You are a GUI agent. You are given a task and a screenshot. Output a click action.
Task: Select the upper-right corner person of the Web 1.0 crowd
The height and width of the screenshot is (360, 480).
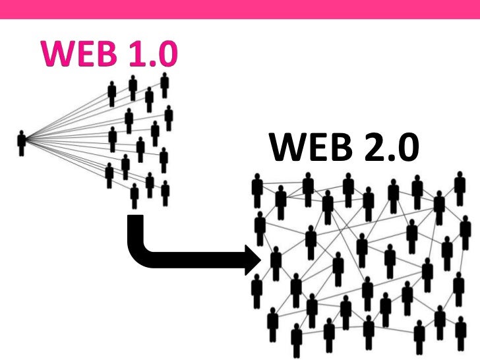(164, 85)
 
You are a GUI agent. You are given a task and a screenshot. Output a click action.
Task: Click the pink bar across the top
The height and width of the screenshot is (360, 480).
(240, 9)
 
